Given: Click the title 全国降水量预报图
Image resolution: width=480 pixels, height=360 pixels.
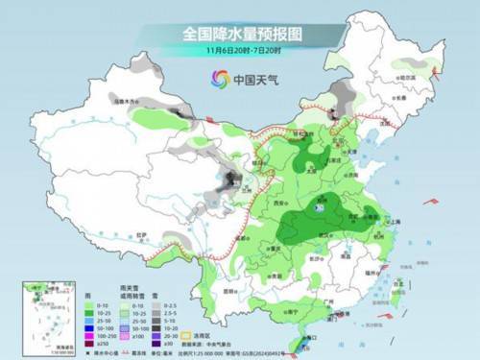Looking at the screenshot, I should click(239, 33).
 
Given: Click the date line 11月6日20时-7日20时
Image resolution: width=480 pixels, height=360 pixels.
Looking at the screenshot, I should click(239, 50).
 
